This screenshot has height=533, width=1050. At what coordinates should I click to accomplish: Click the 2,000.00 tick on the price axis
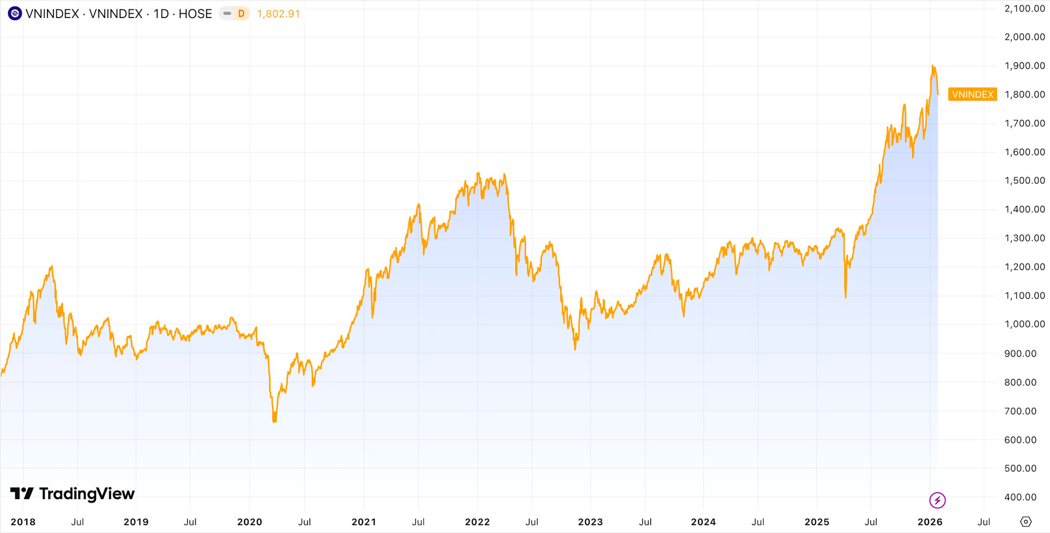tap(1024, 37)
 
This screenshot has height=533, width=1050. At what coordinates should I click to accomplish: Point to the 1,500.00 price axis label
tap(1024, 180)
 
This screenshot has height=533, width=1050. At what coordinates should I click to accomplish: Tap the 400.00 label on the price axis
tap(1020, 497)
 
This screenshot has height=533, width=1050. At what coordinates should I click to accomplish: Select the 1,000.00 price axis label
tap(1024, 324)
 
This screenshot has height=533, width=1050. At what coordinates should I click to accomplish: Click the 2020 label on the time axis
tap(249, 522)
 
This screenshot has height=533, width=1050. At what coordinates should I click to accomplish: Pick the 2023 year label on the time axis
tap(590, 522)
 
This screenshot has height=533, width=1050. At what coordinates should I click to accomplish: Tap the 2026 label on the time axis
tap(930, 522)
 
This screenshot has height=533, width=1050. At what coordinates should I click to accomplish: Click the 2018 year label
tap(23, 522)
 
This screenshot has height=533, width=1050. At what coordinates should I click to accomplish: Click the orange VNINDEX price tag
tap(972, 95)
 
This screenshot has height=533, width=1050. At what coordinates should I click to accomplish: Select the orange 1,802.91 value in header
tap(278, 14)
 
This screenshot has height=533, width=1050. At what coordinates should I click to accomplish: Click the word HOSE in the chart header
tap(195, 14)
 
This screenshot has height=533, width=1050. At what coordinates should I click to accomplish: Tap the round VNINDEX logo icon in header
tap(15, 14)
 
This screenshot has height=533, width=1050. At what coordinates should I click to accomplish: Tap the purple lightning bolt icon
tap(937, 500)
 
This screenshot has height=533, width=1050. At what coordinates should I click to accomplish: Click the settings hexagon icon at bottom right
tap(1026, 522)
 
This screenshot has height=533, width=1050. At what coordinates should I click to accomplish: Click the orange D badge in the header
tap(241, 14)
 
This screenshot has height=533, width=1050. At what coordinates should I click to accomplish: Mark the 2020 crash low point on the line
tap(274, 421)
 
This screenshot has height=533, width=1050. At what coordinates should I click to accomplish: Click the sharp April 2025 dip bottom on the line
tap(845, 297)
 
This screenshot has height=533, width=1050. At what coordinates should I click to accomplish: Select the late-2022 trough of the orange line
tap(575, 349)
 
